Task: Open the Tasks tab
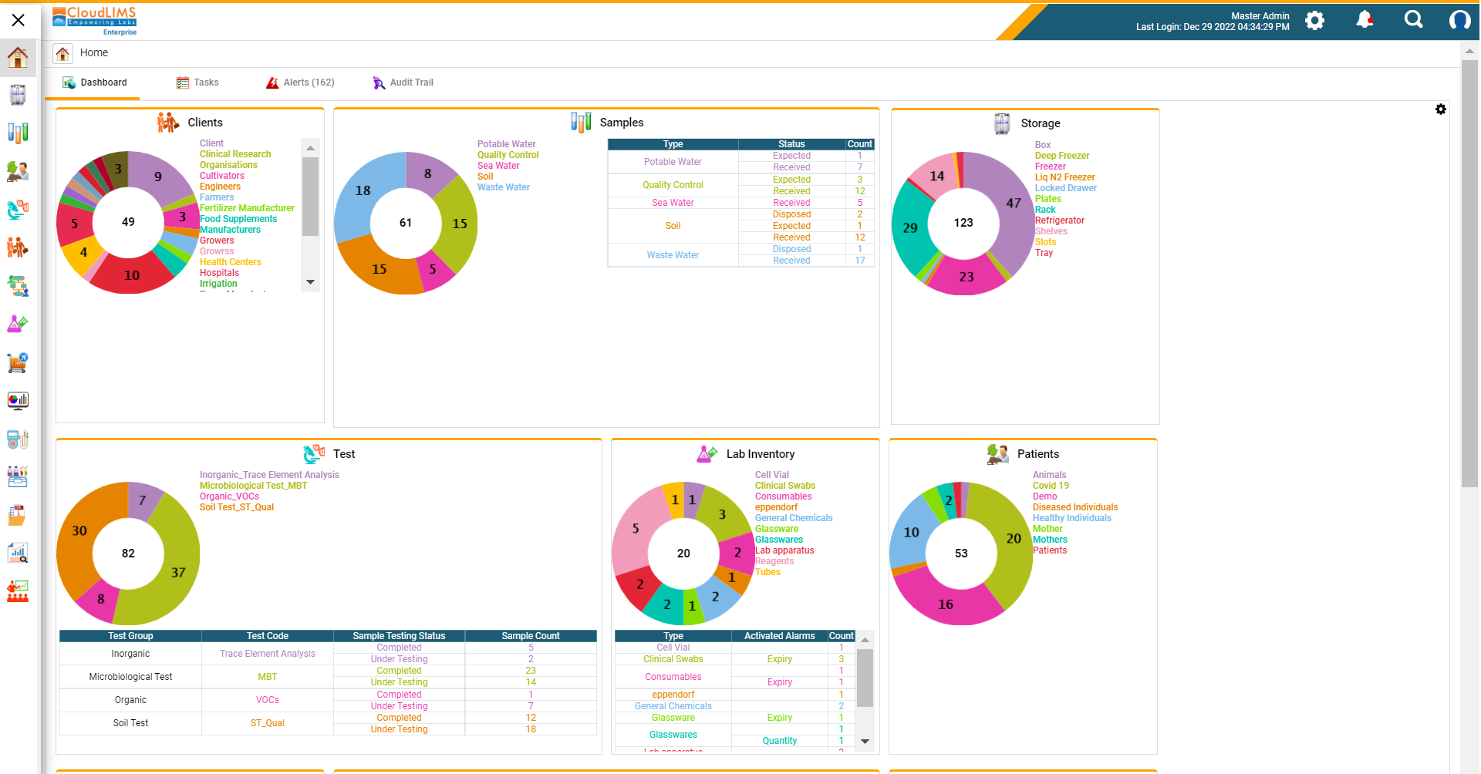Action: (197, 82)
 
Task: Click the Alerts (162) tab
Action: (300, 82)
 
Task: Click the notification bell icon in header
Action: (1365, 20)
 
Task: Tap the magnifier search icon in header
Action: (1413, 20)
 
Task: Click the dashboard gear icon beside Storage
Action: (1440, 109)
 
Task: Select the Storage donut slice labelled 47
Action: (1012, 204)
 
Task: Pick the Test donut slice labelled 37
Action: (177, 572)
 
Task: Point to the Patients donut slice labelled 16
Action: (946, 604)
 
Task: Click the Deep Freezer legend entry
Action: (1061, 156)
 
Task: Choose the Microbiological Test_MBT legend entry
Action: (253, 486)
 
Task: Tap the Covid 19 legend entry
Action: (1051, 486)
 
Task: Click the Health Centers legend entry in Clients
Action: (230, 262)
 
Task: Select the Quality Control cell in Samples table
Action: (673, 185)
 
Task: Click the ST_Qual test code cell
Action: (267, 723)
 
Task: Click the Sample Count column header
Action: (530, 636)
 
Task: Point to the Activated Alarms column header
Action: (779, 636)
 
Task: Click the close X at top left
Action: (19, 20)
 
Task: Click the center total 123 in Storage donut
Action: (963, 223)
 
